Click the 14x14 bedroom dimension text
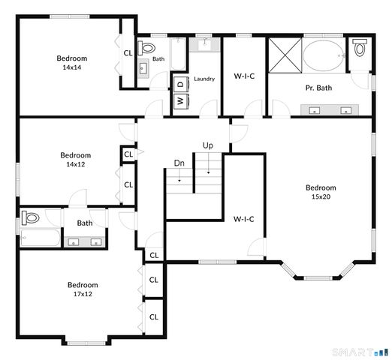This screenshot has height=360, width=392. [x=71, y=67]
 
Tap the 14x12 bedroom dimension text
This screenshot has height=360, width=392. [x=75, y=164]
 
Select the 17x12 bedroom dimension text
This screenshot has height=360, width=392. [x=83, y=294]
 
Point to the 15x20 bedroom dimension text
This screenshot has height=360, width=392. [x=321, y=196]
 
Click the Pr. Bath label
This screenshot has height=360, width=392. [x=318, y=88]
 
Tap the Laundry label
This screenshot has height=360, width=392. [x=204, y=79]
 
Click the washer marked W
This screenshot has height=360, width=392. [x=180, y=100]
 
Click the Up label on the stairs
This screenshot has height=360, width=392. [x=207, y=145]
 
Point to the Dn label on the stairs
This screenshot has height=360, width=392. [x=179, y=163]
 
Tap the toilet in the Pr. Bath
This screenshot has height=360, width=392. [x=359, y=49]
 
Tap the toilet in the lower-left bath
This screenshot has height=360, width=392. [x=30, y=219]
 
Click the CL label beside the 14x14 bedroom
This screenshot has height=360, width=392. [x=128, y=52]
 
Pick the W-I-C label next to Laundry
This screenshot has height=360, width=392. [x=244, y=76]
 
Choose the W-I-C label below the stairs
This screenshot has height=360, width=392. [x=244, y=219]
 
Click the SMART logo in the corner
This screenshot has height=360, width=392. [x=360, y=351]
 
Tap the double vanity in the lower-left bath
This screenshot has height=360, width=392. [x=85, y=241]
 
